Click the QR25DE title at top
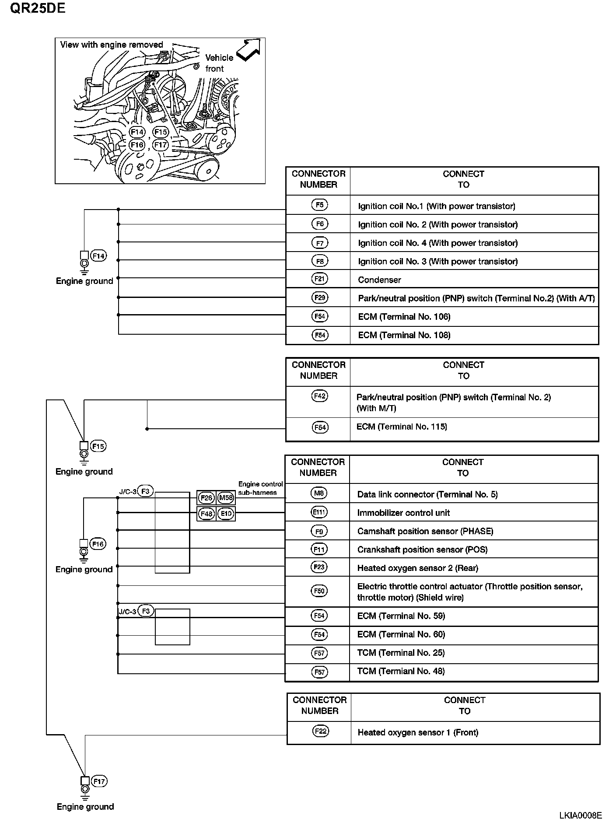click(x=38, y=8)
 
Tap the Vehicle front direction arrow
click(x=248, y=50)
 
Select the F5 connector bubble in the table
click(x=320, y=205)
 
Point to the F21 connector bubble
click(x=320, y=279)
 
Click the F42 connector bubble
click(x=320, y=396)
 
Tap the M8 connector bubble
click(x=319, y=493)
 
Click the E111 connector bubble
click(x=319, y=512)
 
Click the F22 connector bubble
click(x=321, y=731)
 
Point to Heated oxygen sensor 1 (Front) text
click(x=418, y=732)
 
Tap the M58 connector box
click(x=226, y=498)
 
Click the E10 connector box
click(x=226, y=514)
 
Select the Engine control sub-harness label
click(x=260, y=488)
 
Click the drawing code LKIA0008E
click(x=580, y=815)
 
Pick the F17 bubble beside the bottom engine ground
click(x=99, y=781)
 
